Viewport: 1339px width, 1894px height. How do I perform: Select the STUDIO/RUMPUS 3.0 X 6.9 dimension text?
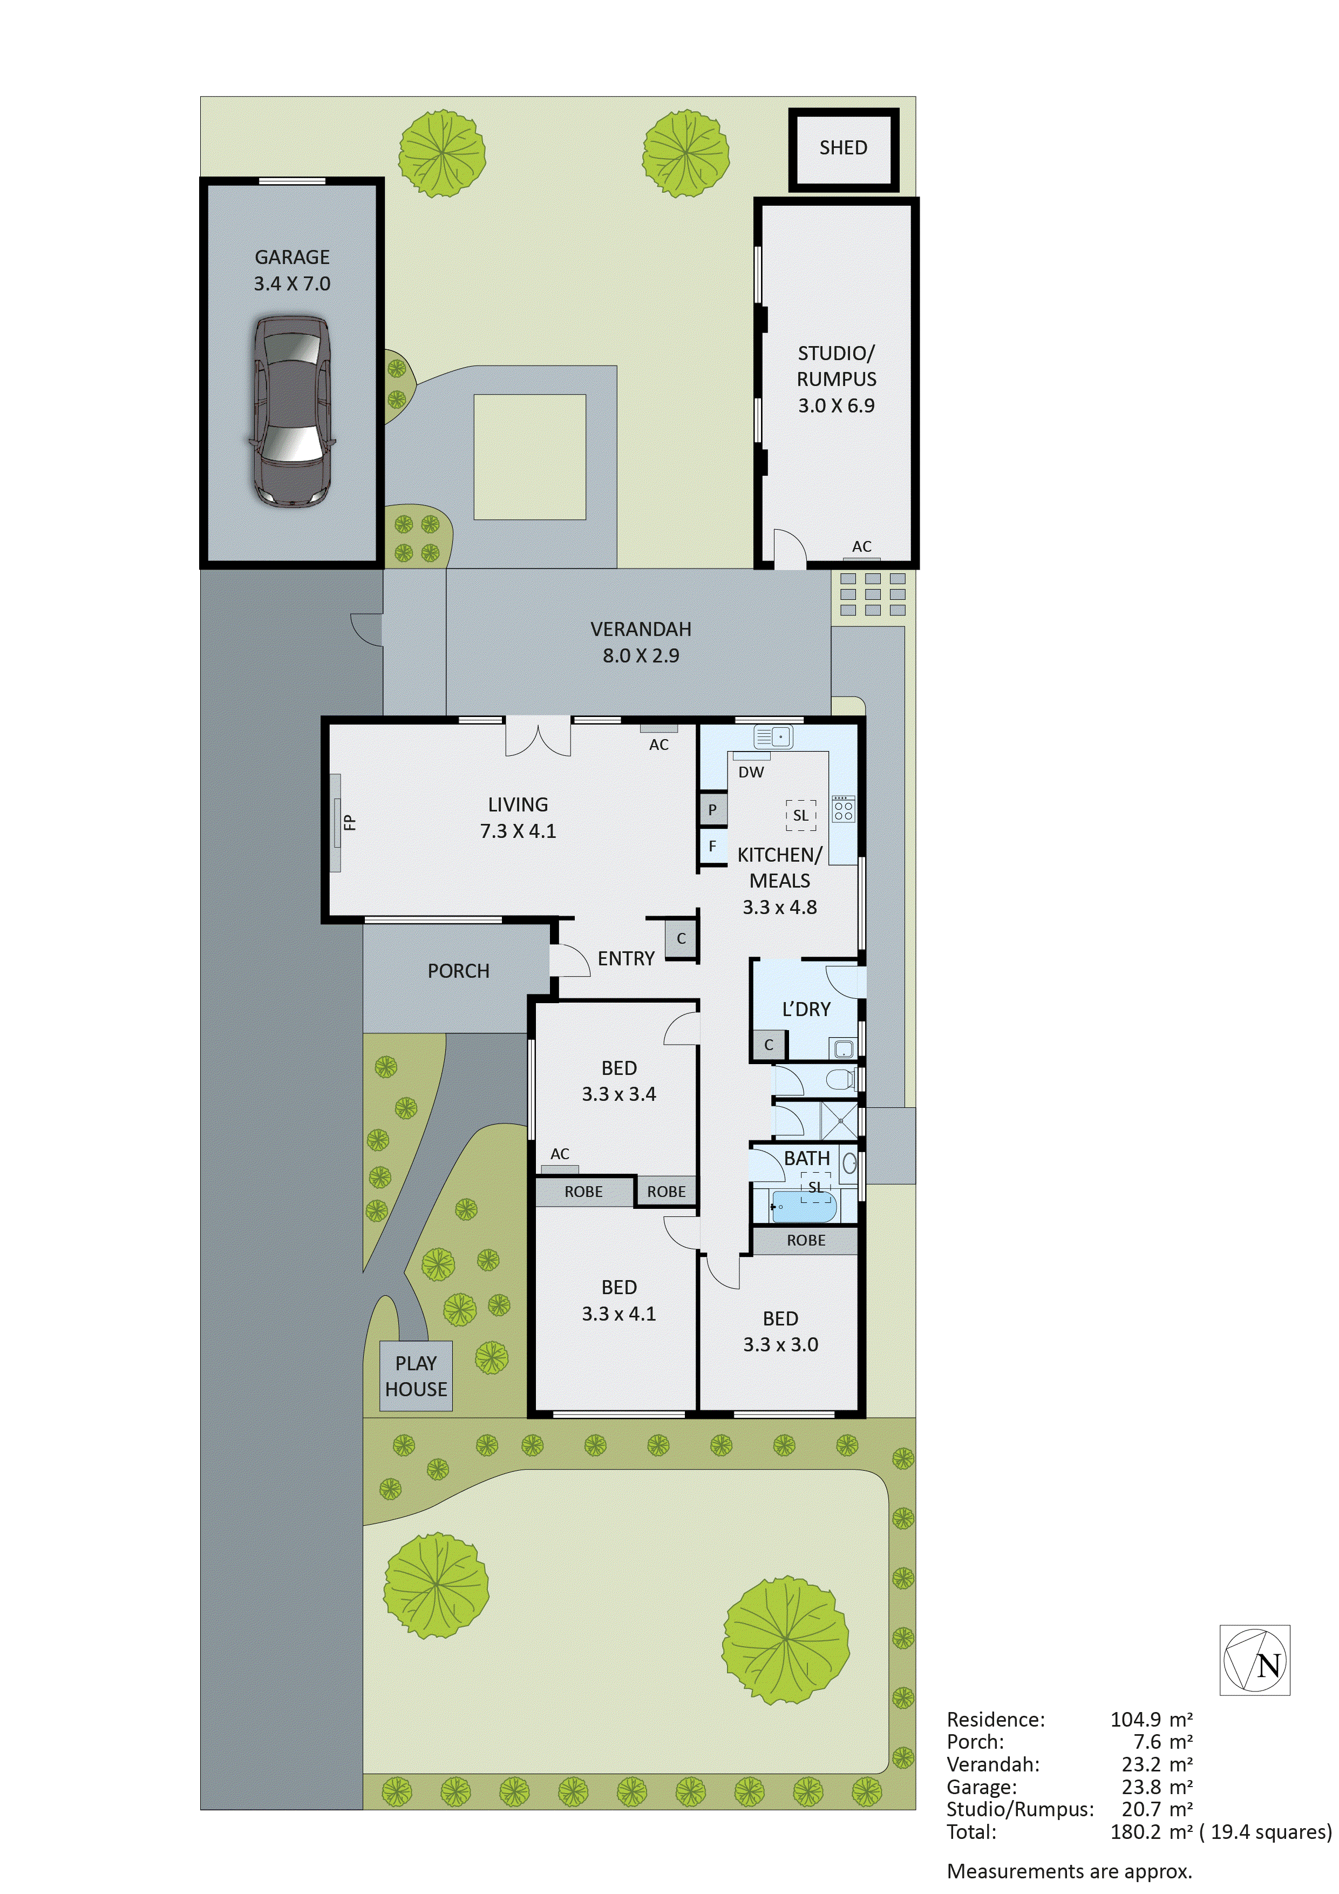tap(836, 405)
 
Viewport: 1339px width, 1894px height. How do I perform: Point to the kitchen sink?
tap(773, 736)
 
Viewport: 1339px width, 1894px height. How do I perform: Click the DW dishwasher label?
tap(750, 772)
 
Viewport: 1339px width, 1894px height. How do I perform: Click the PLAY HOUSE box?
tap(416, 1376)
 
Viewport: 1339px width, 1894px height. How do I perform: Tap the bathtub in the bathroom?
tap(804, 1207)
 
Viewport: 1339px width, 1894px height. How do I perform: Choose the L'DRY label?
tap(806, 1009)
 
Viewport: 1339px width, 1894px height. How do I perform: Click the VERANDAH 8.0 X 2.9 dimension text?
tap(641, 656)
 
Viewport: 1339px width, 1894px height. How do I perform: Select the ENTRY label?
tap(626, 958)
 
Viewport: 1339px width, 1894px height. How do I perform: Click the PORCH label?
tap(458, 971)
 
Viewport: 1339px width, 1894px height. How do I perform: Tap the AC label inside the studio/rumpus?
tap(861, 546)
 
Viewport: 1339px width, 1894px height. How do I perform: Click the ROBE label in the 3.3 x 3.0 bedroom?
tap(806, 1240)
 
